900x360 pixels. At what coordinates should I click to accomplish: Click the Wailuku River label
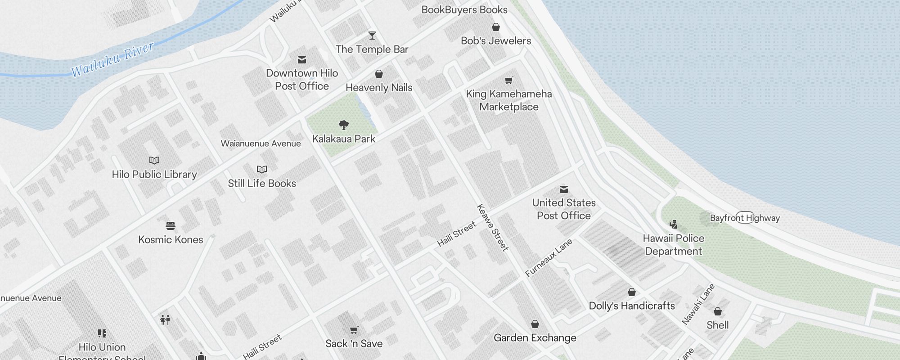click(x=112, y=59)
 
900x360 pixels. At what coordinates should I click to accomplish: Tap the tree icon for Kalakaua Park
click(x=344, y=125)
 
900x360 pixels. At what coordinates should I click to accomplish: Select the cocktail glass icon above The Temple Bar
click(x=372, y=35)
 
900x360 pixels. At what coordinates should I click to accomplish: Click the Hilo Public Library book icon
click(x=154, y=160)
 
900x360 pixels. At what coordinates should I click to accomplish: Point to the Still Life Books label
click(x=262, y=183)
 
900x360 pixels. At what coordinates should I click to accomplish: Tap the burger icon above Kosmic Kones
click(x=171, y=225)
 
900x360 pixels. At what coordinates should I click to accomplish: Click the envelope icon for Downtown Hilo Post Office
click(x=302, y=59)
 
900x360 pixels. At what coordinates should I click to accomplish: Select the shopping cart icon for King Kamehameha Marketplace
click(x=508, y=81)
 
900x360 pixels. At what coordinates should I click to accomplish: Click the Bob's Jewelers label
click(x=496, y=40)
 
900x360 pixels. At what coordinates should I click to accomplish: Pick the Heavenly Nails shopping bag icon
click(x=379, y=74)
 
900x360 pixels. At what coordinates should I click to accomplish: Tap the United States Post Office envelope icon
click(x=564, y=189)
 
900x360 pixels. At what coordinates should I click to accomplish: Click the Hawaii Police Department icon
click(x=673, y=224)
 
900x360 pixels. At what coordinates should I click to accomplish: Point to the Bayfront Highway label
click(x=745, y=218)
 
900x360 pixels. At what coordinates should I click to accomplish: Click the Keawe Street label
click(x=493, y=227)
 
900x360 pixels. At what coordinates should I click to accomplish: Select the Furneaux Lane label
click(x=549, y=257)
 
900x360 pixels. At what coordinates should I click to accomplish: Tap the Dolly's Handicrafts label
click(x=632, y=306)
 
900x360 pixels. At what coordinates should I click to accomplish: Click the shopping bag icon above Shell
click(x=718, y=311)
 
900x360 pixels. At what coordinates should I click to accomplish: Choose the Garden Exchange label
click(x=535, y=338)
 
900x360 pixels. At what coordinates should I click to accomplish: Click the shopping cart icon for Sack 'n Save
click(x=354, y=330)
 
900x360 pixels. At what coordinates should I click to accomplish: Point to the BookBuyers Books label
click(x=464, y=10)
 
